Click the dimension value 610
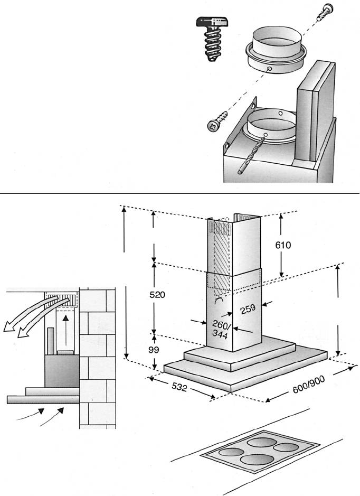[283, 245]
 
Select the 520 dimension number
[157, 295]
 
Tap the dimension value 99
[154, 350]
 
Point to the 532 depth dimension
[179, 387]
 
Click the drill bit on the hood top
[251, 155]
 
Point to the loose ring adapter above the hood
[276, 50]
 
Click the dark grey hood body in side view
[62, 371]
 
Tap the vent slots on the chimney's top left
[220, 228]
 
